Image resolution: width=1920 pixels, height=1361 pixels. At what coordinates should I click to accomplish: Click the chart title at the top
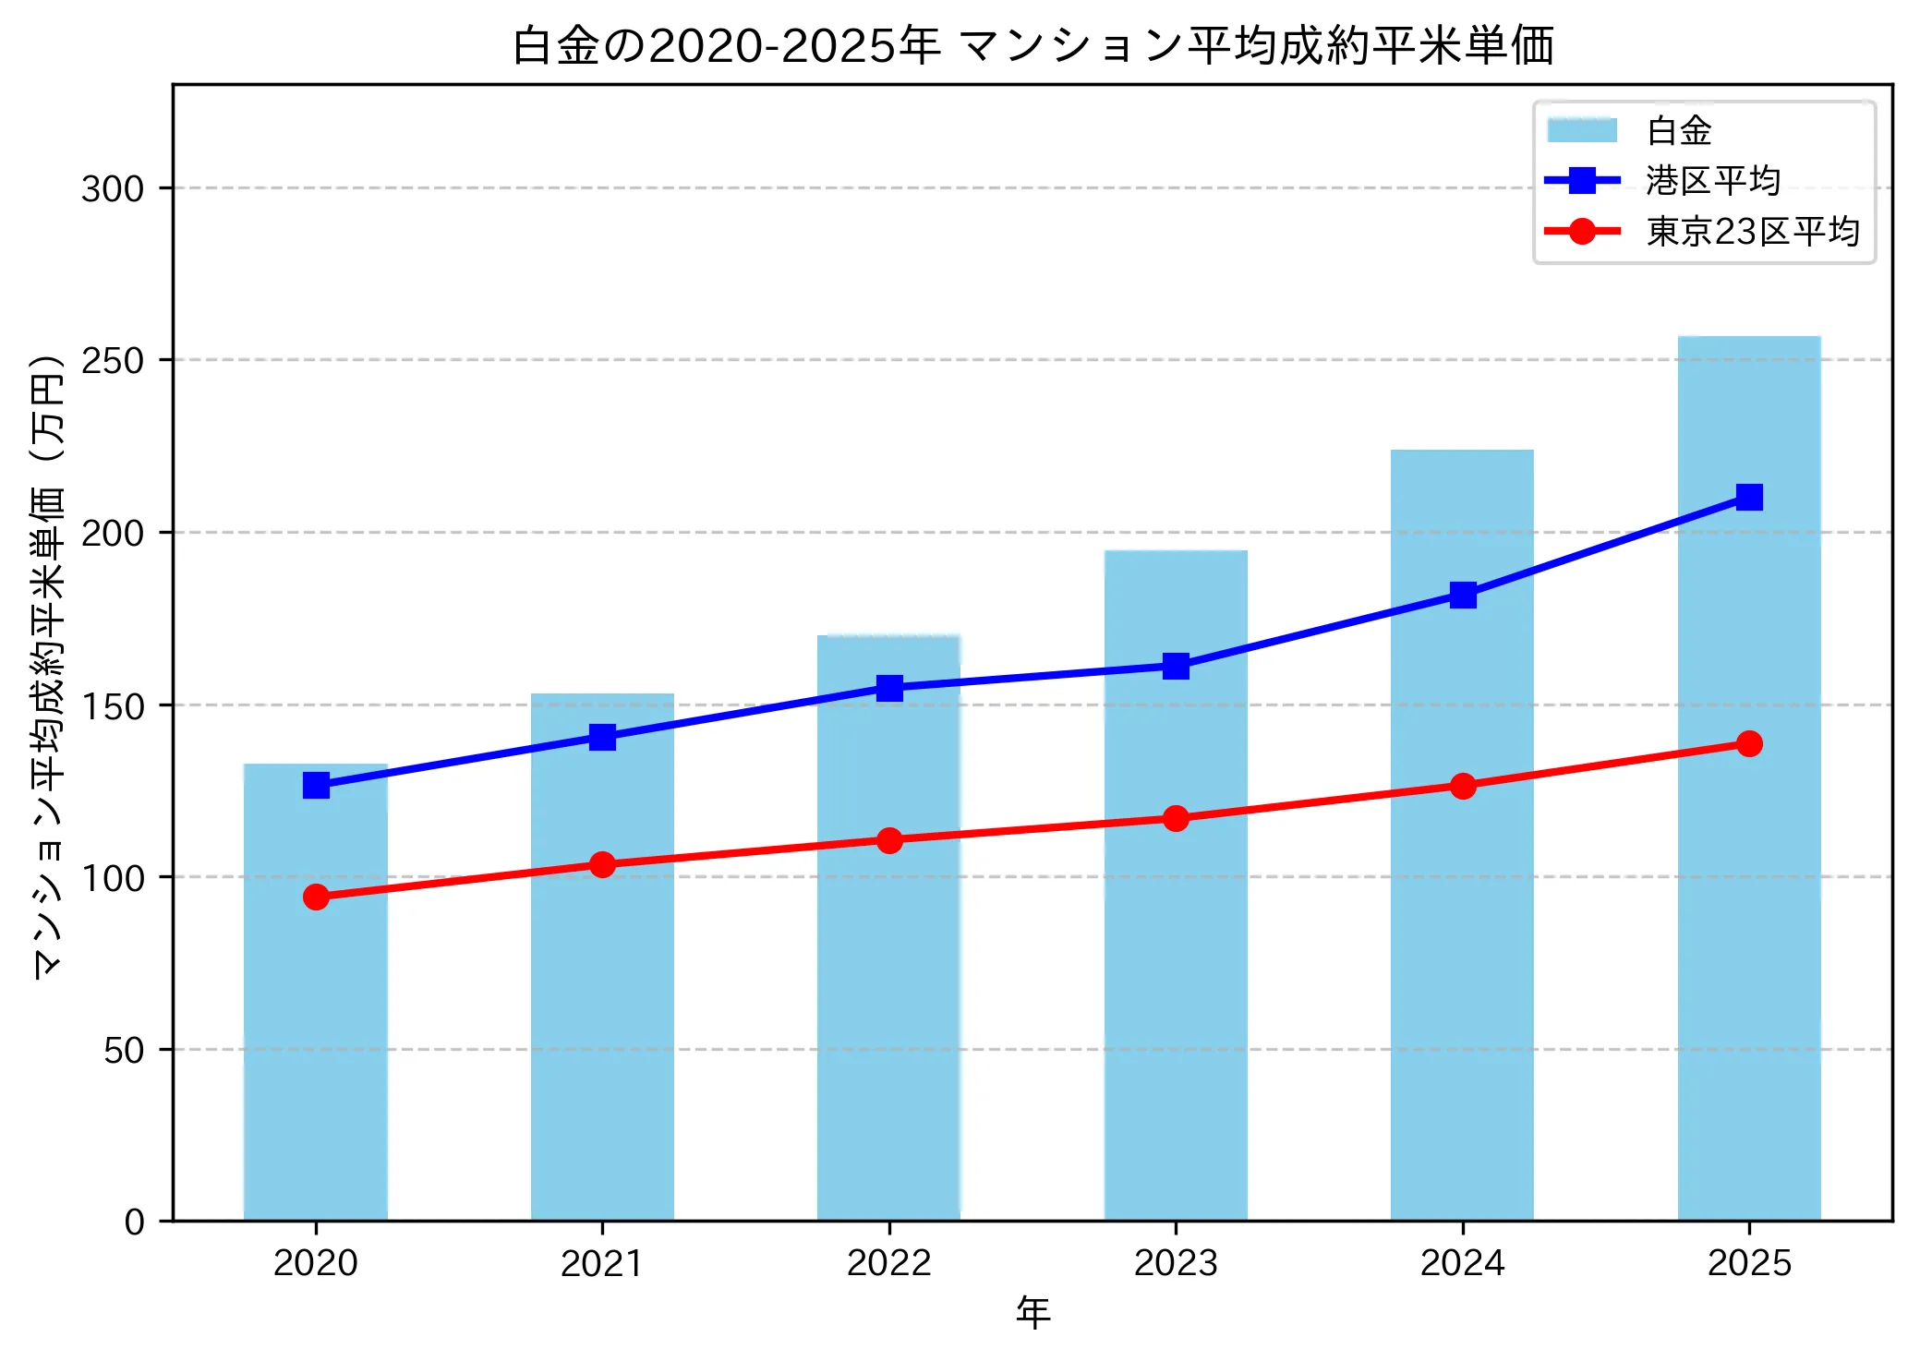tap(1032, 46)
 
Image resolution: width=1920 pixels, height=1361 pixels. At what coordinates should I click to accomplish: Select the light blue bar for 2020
tap(316, 1016)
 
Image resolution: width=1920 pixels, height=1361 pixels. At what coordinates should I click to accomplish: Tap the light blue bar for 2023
tap(1176, 970)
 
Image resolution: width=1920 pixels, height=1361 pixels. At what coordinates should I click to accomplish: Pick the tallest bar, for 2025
tap(1748, 923)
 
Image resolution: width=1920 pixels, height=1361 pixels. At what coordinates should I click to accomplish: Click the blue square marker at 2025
tap(1748, 498)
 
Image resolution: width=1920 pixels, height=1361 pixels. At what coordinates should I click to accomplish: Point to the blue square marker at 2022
tap(889, 688)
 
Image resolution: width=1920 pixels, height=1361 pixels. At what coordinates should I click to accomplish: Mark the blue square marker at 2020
tap(316, 786)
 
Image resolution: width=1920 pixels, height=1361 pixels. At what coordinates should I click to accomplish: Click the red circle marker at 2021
tap(602, 864)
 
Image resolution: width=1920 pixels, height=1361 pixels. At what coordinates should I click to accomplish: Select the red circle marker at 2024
tap(1462, 786)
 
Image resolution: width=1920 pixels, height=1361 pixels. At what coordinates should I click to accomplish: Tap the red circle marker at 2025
tap(1748, 743)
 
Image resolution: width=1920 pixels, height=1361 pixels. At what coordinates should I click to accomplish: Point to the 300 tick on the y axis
tap(113, 189)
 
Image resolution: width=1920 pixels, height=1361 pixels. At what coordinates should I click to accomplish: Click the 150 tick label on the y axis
tap(113, 706)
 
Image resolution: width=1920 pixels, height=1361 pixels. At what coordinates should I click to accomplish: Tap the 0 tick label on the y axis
tap(135, 1222)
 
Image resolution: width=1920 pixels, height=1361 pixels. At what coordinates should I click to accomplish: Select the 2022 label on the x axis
tap(888, 1263)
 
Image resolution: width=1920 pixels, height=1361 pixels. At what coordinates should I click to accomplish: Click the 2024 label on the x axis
tap(1462, 1263)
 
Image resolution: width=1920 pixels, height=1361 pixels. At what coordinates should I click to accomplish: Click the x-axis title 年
tap(1032, 1313)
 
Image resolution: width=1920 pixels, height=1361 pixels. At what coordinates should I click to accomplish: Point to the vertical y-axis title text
tap(48, 665)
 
